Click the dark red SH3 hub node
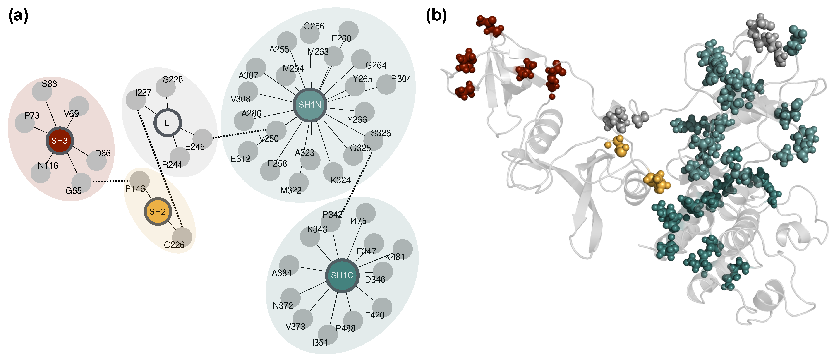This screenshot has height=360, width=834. coord(60,141)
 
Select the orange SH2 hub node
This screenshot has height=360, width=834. coord(157,212)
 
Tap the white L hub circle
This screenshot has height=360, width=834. coord(167,123)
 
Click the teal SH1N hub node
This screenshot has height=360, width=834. coord(310,105)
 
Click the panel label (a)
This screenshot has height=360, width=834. coord(19,16)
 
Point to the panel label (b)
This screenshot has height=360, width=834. coord(436,16)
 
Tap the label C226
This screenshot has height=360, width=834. coord(174,245)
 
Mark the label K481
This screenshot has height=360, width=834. coord(395,257)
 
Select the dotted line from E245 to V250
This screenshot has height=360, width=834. coord(240,134)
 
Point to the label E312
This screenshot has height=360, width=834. coord(240,159)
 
